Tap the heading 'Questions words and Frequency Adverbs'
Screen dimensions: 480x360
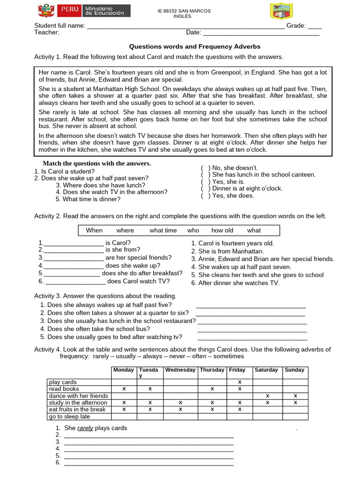point(195,47)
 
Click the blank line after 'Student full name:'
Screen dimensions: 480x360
point(186,27)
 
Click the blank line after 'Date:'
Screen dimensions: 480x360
point(261,33)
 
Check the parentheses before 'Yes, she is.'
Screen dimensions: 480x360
point(205,182)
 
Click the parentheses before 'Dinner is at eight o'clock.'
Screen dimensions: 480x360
point(205,189)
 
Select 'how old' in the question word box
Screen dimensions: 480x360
point(222,231)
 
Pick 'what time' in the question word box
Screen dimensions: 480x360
point(163,231)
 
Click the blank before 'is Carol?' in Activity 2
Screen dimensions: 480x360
point(74,244)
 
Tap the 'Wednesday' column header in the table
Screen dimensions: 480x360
point(180,370)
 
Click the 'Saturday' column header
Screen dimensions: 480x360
point(266,370)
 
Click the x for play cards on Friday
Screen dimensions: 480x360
point(240,382)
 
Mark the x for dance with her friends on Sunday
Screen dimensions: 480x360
point(295,396)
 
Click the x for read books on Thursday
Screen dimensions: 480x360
point(212,389)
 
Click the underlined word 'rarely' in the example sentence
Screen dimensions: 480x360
point(85,428)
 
